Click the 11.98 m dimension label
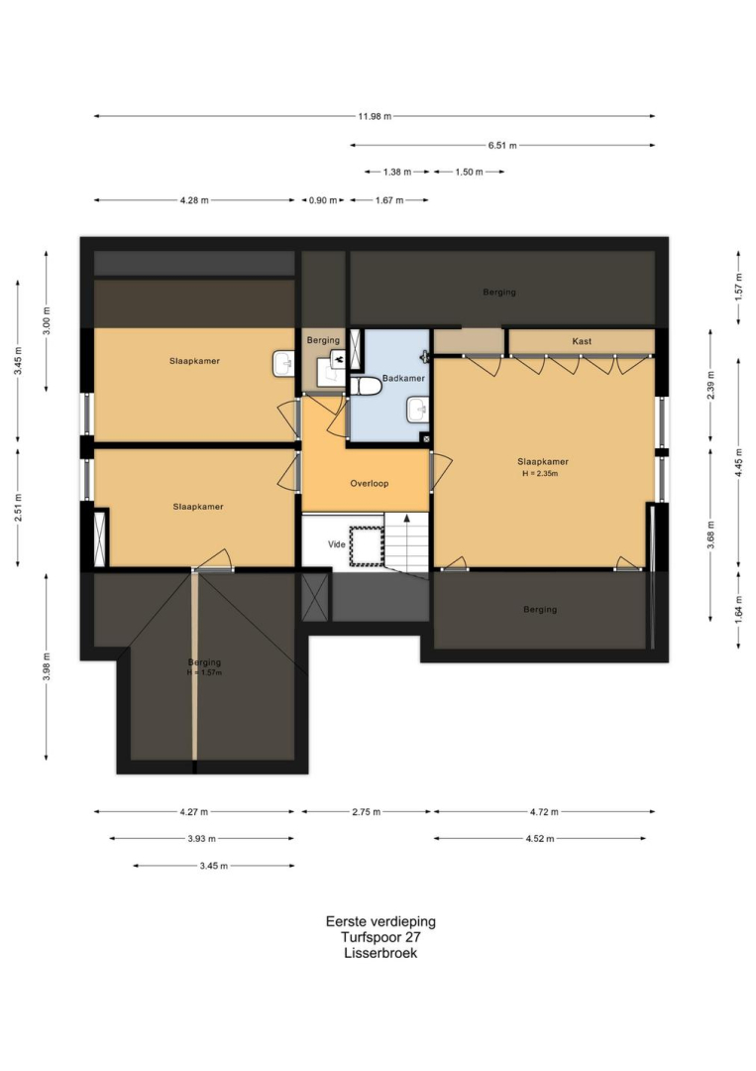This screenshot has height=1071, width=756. click(375, 116)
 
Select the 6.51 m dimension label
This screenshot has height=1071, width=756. click(502, 145)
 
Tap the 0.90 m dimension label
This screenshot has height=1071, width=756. click(323, 200)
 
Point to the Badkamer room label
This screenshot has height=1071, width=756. click(403, 378)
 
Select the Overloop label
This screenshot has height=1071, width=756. click(370, 483)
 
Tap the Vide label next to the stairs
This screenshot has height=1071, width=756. click(336, 544)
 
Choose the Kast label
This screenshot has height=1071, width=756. click(582, 341)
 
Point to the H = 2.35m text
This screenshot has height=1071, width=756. click(540, 473)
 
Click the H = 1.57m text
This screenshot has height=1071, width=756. click(205, 672)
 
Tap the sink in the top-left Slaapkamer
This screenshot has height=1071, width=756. click(283, 363)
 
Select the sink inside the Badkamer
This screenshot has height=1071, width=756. click(417, 411)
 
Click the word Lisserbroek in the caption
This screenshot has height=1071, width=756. click(380, 953)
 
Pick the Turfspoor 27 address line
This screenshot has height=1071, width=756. click(380, 937)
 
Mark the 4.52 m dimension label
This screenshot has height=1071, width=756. click(540, 838)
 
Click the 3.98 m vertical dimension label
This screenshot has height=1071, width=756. click(47, 666)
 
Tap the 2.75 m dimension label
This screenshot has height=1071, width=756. click(367, 811)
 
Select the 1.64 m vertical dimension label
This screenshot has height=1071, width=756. click(738, 609)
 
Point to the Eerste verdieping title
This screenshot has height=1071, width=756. click(380, 921)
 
